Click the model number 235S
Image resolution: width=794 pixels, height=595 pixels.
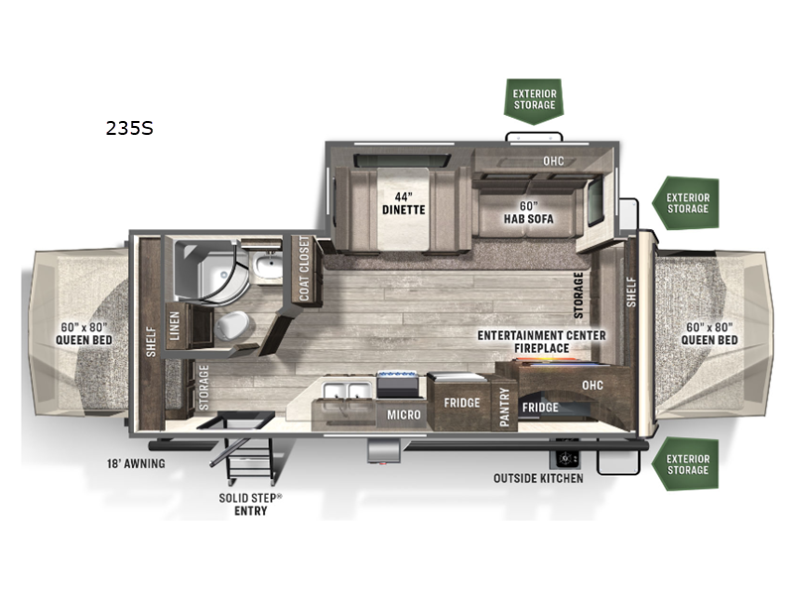(129, 128)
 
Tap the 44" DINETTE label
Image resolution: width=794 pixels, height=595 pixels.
(403, 203)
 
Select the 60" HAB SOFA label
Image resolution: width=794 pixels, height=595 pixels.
(527, 212)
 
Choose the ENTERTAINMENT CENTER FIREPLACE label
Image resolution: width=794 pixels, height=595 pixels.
(541, 342)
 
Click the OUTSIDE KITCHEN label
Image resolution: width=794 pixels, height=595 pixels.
(538, 478)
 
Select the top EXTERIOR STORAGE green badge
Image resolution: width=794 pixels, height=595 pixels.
(535, 100)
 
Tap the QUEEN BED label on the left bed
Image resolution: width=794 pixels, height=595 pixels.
(85, 332)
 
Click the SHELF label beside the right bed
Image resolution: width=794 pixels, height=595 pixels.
(630, 291)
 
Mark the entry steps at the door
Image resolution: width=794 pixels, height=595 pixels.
(245, 456)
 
